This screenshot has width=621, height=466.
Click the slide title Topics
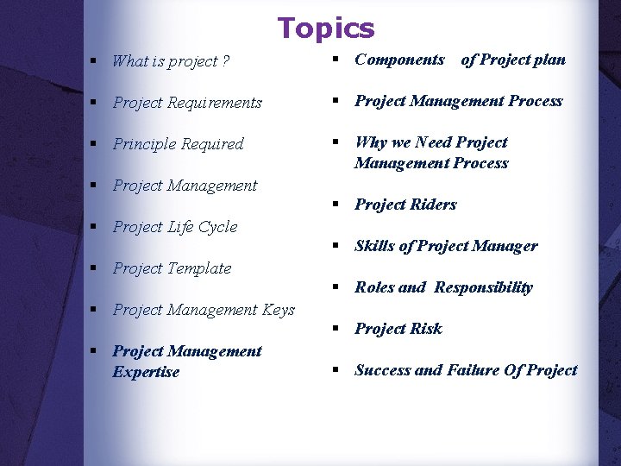point(326,28)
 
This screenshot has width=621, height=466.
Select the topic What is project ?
point(171,61)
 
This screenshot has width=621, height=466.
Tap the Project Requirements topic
point(187,103)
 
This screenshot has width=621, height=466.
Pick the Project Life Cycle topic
point(175,227)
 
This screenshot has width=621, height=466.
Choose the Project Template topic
point(172,268)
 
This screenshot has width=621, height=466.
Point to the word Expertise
point(146,372)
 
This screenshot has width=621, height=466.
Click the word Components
point(399,60)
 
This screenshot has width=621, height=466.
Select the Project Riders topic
point(405,205)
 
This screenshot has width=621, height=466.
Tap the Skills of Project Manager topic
point(446,246)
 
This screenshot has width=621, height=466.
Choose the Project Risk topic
point(398,329)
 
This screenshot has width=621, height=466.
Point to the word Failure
point(473,370)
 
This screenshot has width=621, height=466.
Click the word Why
point(370,142)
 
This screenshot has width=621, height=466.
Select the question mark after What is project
point(225,61)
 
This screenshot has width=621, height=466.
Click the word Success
point(382,370)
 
